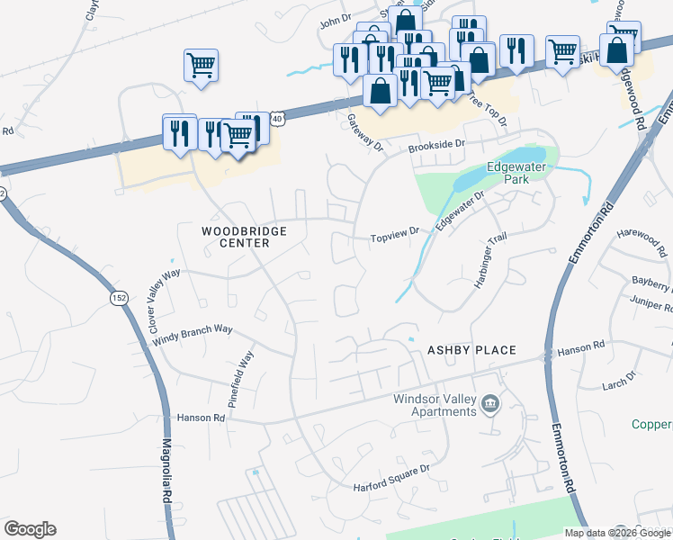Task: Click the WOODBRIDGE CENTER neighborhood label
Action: point(243,238)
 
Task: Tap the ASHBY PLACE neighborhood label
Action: point(471,349)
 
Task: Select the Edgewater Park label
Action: point(517,173)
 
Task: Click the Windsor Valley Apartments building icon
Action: point(490,403)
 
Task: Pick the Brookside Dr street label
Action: point(436,144)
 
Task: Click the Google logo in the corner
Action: point(30,529)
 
